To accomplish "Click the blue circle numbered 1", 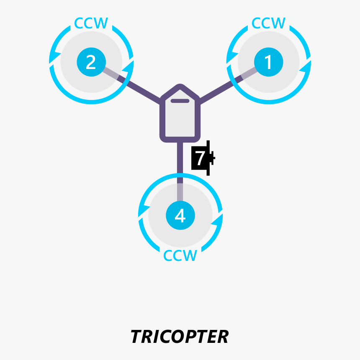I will pos(268,62).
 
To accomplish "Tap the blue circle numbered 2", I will pos(91,62).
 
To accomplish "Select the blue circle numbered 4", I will pos(180,216).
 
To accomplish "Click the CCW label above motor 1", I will pos(268,23).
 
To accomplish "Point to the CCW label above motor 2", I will pos(91,23).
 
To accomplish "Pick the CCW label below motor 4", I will pos(180,255).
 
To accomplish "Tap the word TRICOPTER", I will pos(180,337).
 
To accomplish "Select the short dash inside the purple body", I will pos(180,101).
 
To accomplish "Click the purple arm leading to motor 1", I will pos(220,89).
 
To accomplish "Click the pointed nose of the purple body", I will pos(180,88).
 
